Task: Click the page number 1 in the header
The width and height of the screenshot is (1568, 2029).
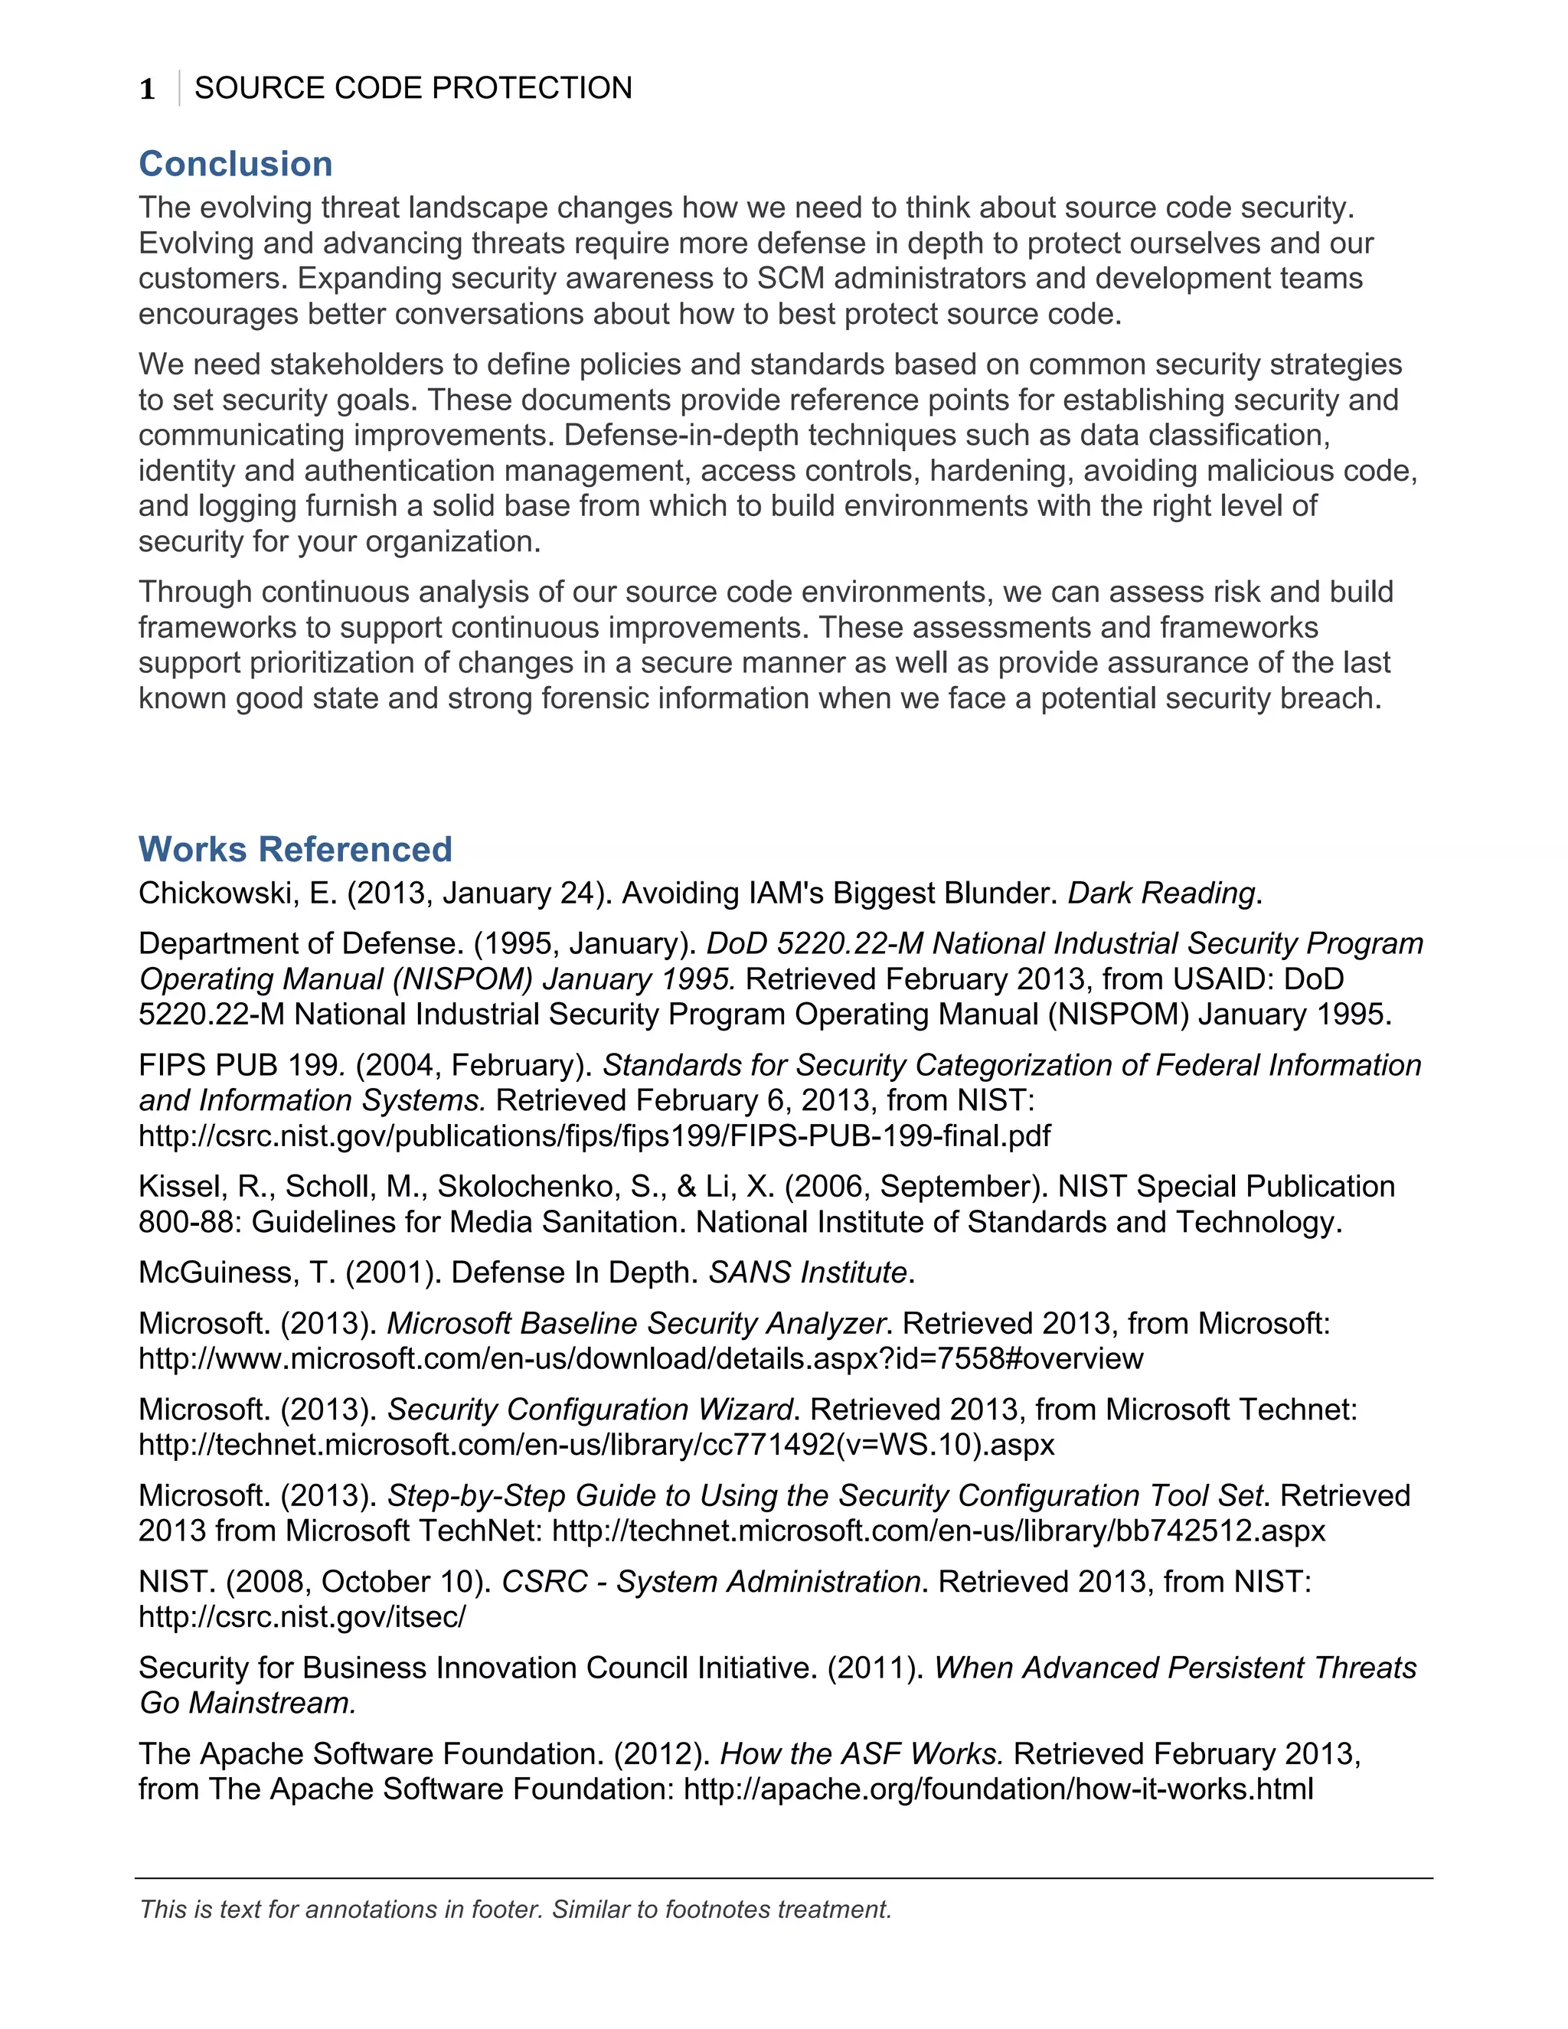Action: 147,89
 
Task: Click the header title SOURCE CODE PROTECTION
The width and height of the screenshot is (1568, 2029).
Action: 413,88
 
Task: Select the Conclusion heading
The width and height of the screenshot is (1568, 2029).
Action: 235,165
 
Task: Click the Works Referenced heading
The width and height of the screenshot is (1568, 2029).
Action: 295,849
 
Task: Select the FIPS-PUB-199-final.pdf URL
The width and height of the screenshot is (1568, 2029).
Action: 594,1136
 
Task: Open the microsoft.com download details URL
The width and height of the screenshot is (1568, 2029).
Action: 640,1359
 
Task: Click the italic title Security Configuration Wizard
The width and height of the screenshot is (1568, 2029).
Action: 590,1410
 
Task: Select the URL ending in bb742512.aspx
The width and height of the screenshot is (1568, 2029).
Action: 938,1531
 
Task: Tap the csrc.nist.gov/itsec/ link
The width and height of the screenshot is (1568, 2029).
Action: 302,1617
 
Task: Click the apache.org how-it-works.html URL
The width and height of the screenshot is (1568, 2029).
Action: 998,1789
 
